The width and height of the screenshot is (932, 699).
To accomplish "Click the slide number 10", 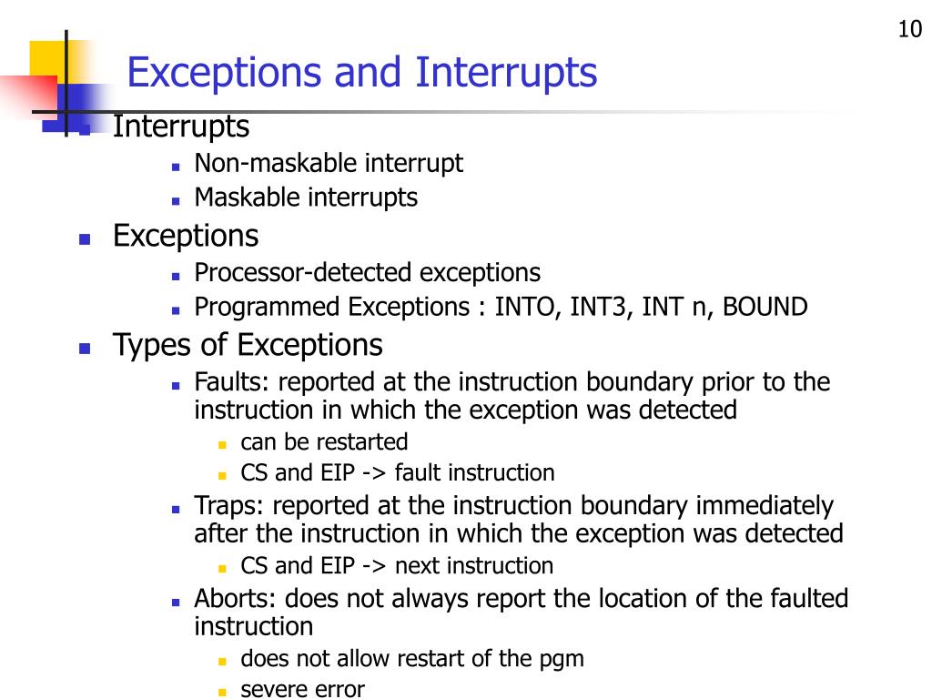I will tap(909, 30).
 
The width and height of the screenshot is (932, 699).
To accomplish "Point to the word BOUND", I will tap(765, 307).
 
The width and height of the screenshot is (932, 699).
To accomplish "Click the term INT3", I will tap(602, 307).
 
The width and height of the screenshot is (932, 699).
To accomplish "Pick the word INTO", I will tap(527, 307).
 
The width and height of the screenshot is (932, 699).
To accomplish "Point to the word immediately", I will tap(765, 505).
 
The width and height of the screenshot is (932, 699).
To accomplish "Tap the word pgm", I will tap(563, 658).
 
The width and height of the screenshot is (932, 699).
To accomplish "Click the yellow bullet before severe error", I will tap(221, 691).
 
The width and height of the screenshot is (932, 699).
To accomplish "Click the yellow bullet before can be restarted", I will tap(221, 444).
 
